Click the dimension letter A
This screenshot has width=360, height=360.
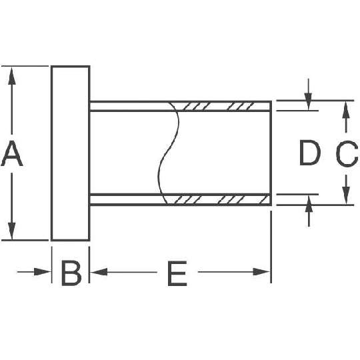[12, 153]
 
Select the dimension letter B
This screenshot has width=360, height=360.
[71, 273]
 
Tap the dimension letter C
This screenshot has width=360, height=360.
[347, 153]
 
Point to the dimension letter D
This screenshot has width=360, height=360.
[309, 153]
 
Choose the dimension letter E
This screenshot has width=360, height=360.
[177, 273]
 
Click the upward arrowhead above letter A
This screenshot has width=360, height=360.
[12, 76]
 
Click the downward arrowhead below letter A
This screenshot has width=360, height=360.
[12, 231]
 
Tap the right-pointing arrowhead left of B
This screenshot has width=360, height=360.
[43, 272]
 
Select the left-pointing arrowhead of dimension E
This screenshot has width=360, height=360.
[99, 272]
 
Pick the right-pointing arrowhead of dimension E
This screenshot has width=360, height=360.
[262, 272]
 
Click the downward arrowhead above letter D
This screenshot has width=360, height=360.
[309, 101]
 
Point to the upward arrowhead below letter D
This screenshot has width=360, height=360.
[309, 203]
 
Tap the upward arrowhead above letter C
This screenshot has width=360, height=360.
[346, 110]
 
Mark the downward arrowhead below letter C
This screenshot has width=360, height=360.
[346, 195]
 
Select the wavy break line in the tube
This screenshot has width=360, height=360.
[168, 153]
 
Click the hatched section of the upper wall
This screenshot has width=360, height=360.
[221, 106]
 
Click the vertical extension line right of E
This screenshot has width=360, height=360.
[271, 247]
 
